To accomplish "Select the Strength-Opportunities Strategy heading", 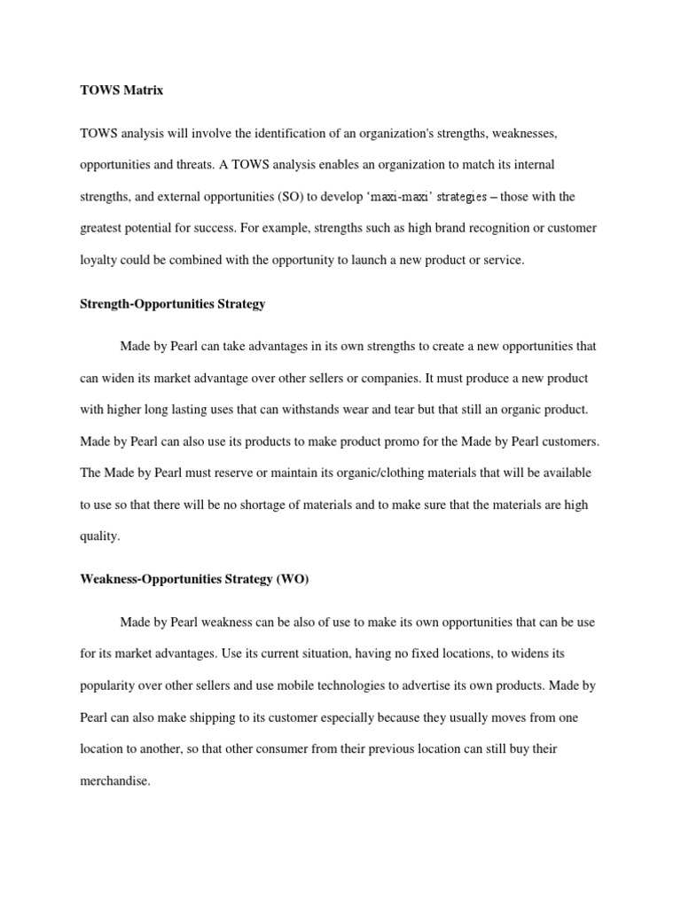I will coord(172,304).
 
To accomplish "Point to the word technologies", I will coord(403,686).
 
